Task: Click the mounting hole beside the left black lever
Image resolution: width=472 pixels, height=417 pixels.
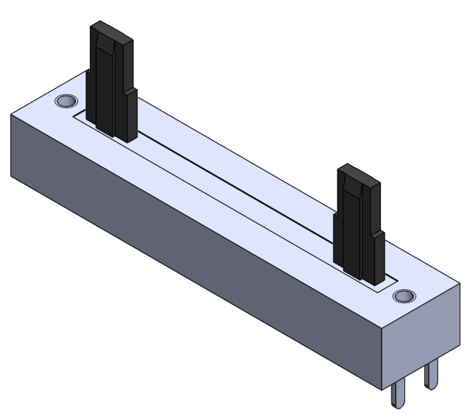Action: point(65,102)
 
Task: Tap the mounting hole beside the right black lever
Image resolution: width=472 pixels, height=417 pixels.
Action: point(405,296)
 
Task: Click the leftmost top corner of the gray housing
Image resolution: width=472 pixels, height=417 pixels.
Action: point(11,112)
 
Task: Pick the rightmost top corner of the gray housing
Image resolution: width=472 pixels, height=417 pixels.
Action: point(460,283)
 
